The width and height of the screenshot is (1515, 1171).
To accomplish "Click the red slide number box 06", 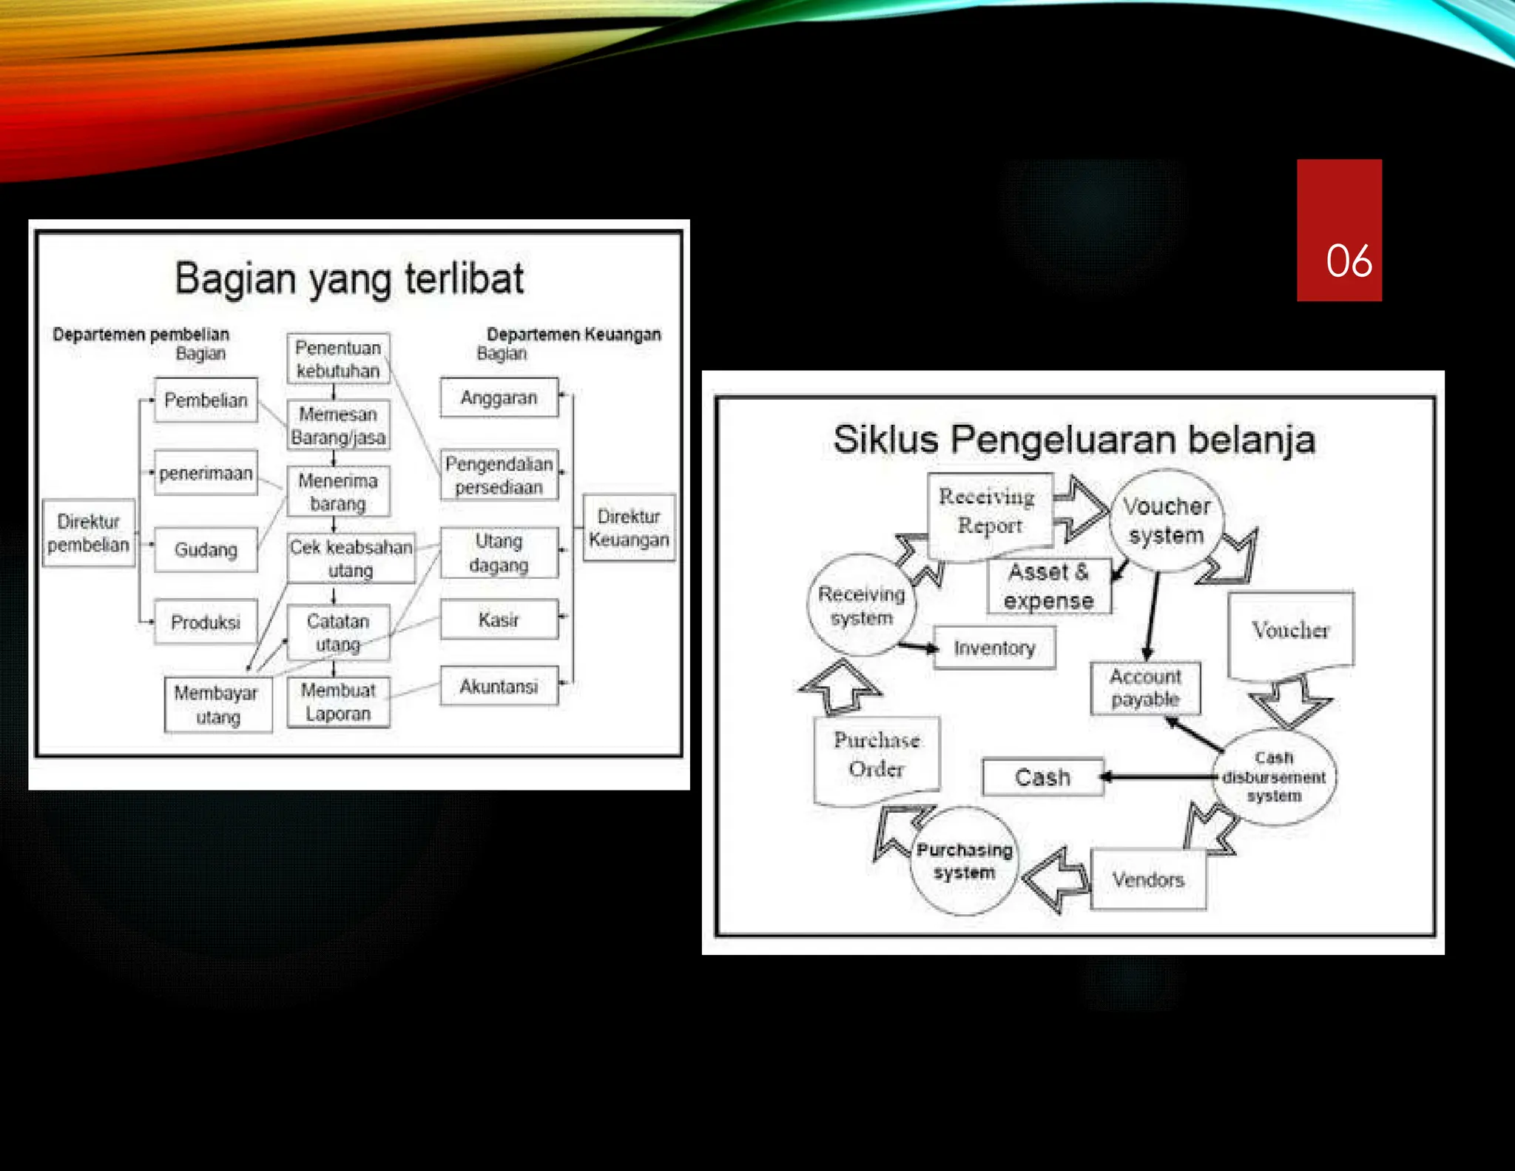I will pyautogui.click(x=1338, y=230).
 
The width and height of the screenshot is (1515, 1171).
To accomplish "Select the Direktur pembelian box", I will pyautogui.click(x=89, y=533).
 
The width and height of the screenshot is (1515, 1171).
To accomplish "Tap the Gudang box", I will pyautogui.click(x=206, y=550).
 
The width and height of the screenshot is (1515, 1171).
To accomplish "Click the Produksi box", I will pyautogui.click(x=206, y=622).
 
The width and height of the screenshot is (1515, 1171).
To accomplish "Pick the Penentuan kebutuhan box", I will pyautogui.click(x=338, y=359).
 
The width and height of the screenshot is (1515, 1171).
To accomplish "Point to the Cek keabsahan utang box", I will pyautogui.click(x=351, y=558).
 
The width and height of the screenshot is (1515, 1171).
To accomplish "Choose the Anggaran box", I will pyautogui.click(x=499, y=398).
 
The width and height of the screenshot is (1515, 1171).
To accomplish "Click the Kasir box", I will pyautogui.click(x=499, y=620).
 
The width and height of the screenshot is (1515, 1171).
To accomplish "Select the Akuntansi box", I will pyautogui.click(x=499, y=687).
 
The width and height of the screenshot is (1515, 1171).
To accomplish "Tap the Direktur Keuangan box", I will pyautogui.click(x=629, y=528).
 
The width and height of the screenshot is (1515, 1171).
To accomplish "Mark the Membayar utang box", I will pyautogui.click(x=217, y=705).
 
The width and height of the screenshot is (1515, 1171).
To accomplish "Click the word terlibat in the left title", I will pyautogui.click(x=465, y=279).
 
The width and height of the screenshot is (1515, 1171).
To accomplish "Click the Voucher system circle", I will pyautogui.click(x=1167, y=520).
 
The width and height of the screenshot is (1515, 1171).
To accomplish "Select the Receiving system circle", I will pyautogui.click(x=861, y=605).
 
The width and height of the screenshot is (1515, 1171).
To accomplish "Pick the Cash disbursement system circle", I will pyautogui.click(x=1274, y=776).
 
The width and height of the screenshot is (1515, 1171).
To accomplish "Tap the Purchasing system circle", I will pyautogui.click(x=965, y=861).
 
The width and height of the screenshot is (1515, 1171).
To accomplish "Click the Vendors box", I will pyautogui.click(x=1148, y=879).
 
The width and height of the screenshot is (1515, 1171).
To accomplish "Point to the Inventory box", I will pyautogui.click(x=994, y=648).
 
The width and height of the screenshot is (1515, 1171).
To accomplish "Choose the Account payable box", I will pyautogui.click(x=1145, y=688).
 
